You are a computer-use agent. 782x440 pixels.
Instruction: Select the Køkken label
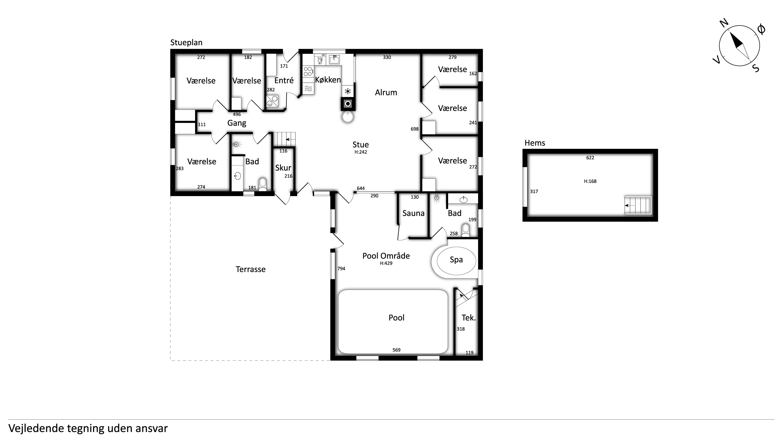pyautogui.click(x=328, y=80)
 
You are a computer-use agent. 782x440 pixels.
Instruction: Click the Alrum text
pyautogui.click(x=386, y=92)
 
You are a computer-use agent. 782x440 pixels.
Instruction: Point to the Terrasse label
pyautogui.click(x=250, y=269)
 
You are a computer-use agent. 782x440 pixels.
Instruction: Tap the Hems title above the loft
pyautogui.click(x=535, y=143)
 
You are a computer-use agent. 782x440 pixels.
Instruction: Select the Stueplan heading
pyautogui.click(x=186, y=43)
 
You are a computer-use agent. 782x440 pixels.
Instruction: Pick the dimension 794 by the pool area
pyautogui.click(x=341, y=269)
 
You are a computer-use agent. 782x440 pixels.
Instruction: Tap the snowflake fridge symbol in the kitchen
pyautogui.click(x=348, y=91)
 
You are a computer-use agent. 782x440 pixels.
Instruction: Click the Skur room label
pyautogui.click(x=283, y=168)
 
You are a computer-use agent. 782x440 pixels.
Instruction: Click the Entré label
pyautogui.click(x=284, y=80)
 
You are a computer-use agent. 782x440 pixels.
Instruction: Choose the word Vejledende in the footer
pyautogui.click(x=36, y=429)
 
